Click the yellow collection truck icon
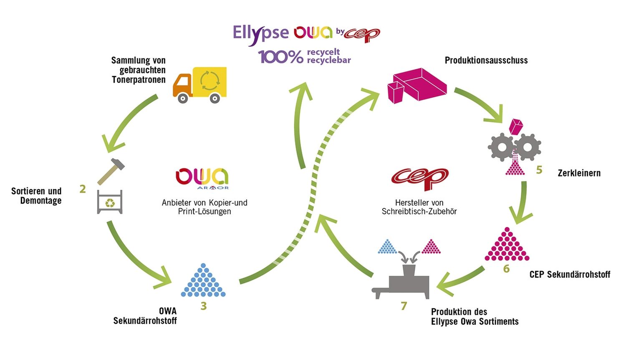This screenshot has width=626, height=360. click(199, 85)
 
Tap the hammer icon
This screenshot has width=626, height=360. click(111, 171)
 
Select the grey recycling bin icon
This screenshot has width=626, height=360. click(110, 202)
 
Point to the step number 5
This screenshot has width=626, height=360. click(539, 170)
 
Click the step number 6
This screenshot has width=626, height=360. click(506, 269)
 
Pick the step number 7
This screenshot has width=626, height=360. click(404, 306)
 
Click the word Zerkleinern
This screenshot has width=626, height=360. click(579, 173)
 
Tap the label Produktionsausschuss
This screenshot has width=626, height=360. click(486, 60)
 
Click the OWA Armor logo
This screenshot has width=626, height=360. click(202, 179)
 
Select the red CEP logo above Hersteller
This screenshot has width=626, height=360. click(419, 179)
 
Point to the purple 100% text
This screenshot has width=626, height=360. click(280, 57)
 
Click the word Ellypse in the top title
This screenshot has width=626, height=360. click(260, 33)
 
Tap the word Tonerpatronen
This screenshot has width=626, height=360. click(139, 80)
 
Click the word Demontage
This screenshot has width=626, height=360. click(41, 201)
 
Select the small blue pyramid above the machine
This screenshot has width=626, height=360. click(387, 247)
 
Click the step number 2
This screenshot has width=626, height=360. click(83, 189)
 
